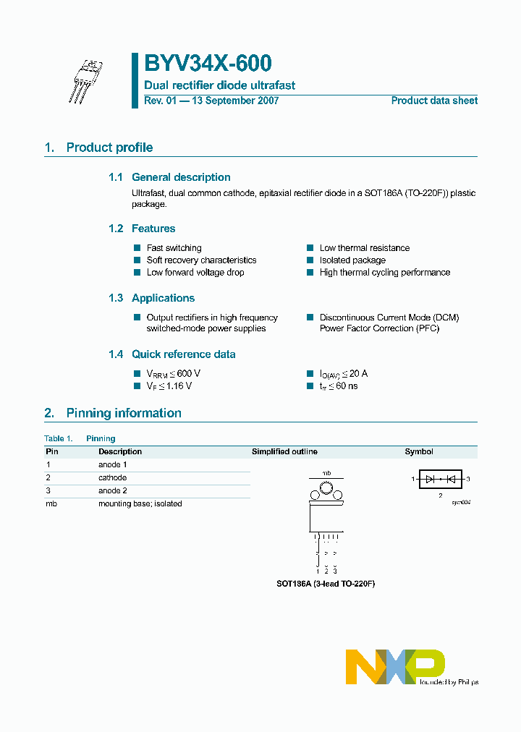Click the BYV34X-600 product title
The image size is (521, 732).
[208, 64]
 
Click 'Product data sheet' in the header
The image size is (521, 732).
[434, 101]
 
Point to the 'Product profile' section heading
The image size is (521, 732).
[109, 148]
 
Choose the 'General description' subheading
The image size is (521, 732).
[181, 177]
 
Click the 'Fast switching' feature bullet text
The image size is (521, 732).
[174, 248]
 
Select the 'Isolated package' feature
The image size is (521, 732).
[352, 260]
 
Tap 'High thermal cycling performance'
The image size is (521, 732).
[384, 273]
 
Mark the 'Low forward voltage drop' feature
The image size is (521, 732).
[195, 273]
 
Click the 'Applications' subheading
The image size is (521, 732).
[163, 298]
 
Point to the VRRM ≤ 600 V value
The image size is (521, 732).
[173, 374]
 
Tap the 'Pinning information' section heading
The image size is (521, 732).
[124, 413]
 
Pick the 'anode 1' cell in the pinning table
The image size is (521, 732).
[113, 465]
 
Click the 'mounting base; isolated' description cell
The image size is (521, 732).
[140, 504]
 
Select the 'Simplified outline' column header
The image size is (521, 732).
[284, 452]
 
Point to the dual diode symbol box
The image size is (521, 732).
[440, 479]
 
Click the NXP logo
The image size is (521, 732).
[394, 666]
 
